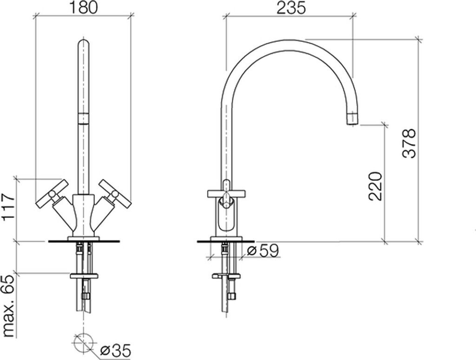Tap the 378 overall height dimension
(x=409, y=143)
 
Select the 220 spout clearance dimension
(x=375, y=186)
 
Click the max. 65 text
(x=8, y=306)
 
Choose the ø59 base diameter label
(x=263, y=251)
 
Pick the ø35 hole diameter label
(x=115, y=351)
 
